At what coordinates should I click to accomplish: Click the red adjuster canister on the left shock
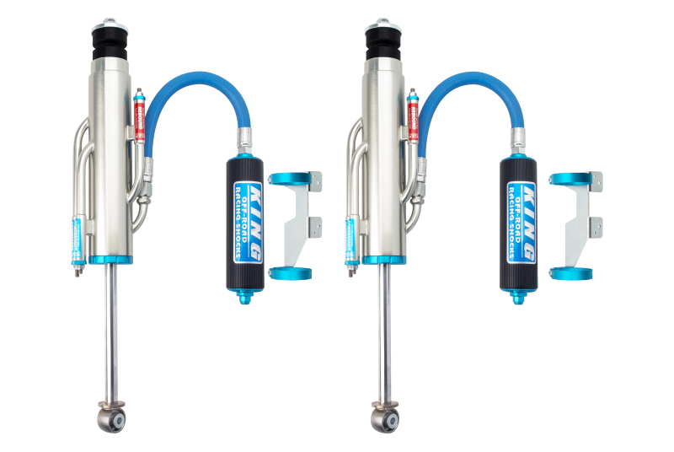click(x=140, y=118)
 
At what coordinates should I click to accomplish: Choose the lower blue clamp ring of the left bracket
click(x=288, y=272)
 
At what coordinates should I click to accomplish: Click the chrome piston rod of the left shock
click(x=110, y=337)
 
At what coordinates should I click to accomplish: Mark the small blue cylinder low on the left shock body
click(x=77, y=236)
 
